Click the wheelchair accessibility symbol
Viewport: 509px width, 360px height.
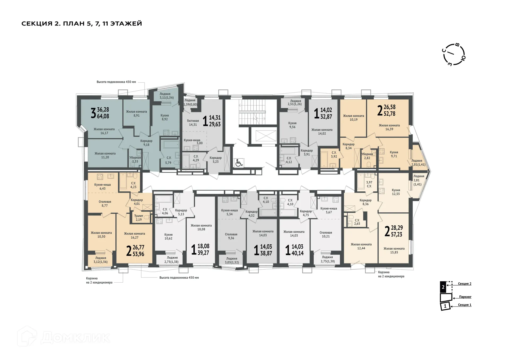coord(239,163)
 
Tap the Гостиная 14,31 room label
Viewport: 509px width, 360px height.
coord(193,123)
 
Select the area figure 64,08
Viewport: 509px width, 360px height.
coord(103,116)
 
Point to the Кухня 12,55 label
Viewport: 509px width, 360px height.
coord(396,192)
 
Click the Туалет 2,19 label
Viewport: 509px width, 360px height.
coord(139,218)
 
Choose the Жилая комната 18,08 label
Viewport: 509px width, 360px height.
coord(201,227)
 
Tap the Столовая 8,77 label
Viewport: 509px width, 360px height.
coord(105,204)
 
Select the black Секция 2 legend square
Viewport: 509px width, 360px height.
coord(443,287)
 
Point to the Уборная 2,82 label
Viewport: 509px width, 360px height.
coord(367,156)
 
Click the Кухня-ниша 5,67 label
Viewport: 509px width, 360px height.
coord(328,210)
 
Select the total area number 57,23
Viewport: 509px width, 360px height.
coord(397,234)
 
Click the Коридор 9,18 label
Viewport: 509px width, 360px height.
coord(146,143)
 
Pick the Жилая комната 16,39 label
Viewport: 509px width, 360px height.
coord(389,127)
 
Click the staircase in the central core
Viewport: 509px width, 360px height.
coord(252,112)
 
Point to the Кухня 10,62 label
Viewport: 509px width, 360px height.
coord(168,236)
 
